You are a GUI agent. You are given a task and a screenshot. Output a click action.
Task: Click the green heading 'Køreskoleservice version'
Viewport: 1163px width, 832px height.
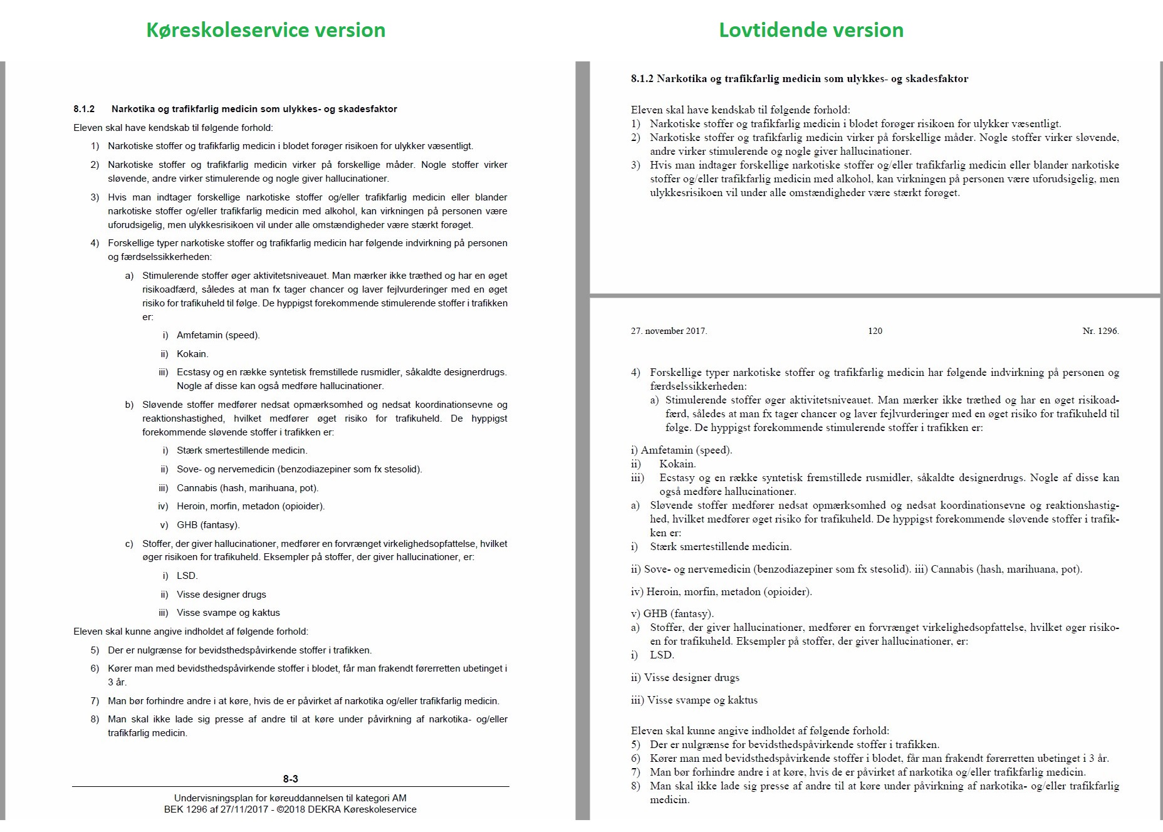266,30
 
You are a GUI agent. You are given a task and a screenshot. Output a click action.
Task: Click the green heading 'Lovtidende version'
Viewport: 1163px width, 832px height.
811,30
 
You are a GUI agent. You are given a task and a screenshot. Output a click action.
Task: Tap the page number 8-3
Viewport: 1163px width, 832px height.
290,779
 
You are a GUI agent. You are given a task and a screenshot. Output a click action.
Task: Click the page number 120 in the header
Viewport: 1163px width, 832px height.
875,331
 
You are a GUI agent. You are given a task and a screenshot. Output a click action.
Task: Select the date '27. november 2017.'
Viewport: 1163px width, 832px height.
669,331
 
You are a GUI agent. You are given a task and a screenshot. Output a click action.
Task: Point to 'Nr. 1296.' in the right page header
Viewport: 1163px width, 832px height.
1100,331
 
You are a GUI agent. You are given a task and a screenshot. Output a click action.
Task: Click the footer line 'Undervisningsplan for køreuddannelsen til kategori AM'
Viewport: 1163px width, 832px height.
290,798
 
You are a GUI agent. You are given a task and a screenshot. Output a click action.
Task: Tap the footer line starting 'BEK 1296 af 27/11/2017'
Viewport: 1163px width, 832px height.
290,809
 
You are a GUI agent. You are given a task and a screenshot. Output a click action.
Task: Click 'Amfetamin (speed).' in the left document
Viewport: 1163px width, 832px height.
218,335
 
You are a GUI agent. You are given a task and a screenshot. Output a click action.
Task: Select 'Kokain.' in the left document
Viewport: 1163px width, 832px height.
192,354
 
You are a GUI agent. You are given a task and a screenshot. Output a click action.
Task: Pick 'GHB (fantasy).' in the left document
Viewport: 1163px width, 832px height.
208,525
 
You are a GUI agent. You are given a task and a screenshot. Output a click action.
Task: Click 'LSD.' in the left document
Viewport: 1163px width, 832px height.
187,576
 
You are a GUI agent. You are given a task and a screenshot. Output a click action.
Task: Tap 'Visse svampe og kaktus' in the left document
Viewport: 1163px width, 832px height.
228,613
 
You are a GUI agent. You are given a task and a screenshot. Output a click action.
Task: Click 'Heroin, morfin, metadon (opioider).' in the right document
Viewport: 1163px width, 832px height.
729,591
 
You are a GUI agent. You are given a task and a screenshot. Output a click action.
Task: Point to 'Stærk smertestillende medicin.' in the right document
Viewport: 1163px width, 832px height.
721,547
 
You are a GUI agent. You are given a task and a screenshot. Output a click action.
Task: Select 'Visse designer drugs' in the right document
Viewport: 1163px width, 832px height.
693,677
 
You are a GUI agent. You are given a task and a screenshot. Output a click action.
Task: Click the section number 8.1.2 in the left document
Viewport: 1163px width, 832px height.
84,109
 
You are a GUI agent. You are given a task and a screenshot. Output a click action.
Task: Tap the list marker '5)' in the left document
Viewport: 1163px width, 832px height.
95,650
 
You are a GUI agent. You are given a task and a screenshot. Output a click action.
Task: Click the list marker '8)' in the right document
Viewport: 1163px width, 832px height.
635,786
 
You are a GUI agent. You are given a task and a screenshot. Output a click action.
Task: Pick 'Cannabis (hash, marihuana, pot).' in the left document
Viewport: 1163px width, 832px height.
248,488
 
